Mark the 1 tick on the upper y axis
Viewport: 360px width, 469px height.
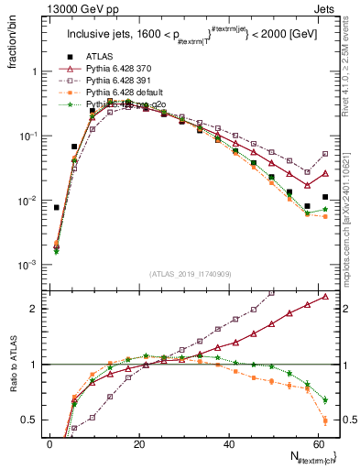(34, 71)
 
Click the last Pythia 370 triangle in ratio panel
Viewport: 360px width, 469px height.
(325, 297)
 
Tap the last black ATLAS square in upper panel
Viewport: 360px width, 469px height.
(325, 197)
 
